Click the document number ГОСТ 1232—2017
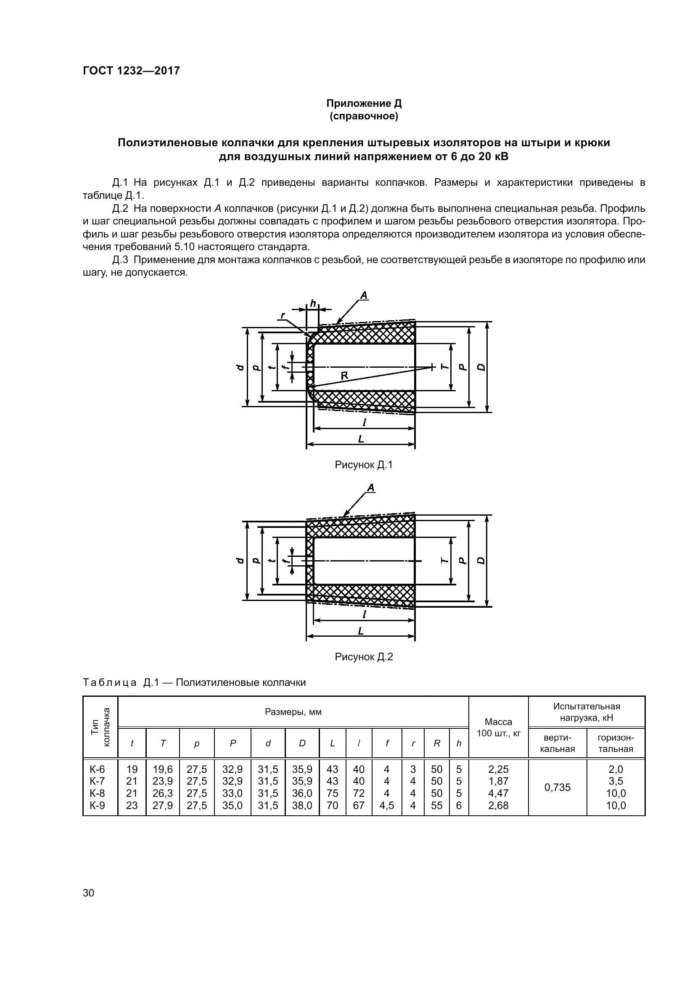(132, 71)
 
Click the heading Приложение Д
(364, 103)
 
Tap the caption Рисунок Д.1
(364, 464)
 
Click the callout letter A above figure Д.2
(371, 488)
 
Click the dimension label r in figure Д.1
(283, 316)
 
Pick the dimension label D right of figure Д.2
(482, 561)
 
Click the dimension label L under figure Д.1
(361, 439)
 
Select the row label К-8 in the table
(97, 793)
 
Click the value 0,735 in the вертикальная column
(557, 787)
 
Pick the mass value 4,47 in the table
(499, 793)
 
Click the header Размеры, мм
(293, 712)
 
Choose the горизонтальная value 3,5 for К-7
(616, 781)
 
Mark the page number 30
(88, 893)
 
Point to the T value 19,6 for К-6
(163, 770)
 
